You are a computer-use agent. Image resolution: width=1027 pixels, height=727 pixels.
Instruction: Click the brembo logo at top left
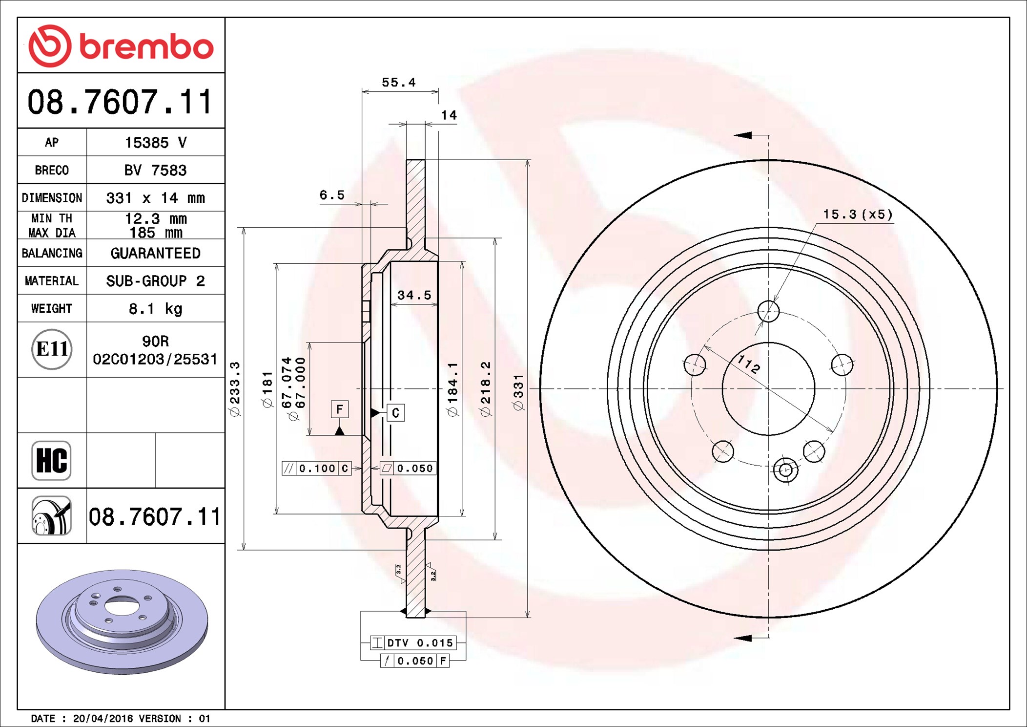pos(121,46)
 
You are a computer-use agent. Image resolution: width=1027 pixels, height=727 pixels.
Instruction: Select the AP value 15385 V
pos(155,143)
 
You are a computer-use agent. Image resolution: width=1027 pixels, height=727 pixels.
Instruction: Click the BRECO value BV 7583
pos(155,170)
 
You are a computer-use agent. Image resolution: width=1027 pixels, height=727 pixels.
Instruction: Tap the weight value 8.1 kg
pos(155,309)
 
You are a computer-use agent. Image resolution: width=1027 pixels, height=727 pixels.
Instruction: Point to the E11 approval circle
pos(52,349)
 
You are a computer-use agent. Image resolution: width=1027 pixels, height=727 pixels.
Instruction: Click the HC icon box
pos(51,460)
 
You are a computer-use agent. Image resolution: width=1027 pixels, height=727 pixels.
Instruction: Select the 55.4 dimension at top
pos(398,83)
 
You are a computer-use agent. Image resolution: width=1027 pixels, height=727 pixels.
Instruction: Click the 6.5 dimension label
pos(331,195)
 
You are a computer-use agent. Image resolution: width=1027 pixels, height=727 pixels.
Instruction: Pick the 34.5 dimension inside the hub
pos(414,295)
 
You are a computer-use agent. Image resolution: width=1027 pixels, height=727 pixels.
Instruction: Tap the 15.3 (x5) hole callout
pos(858,214)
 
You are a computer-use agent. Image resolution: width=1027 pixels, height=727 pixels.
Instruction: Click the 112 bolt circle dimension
pos(748,364)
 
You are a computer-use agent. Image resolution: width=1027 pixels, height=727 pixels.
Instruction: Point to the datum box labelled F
pos(340,409)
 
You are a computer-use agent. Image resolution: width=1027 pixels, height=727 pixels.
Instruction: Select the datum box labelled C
pos(395,413)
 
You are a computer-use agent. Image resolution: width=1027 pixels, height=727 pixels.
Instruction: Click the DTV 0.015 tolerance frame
pos(414,643)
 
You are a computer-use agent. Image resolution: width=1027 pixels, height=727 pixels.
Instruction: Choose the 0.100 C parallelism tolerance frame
pos(317,469)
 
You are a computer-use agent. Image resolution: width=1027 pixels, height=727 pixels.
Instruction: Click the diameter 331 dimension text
pos(518,392)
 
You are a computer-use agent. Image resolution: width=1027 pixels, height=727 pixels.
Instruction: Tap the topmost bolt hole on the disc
pos(768,311)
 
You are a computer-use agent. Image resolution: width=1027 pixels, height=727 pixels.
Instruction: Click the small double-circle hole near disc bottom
pos(785,470)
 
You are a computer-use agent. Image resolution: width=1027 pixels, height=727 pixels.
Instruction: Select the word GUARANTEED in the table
pos(155,253)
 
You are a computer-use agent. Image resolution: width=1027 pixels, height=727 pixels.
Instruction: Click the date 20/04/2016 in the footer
pos(103,718)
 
